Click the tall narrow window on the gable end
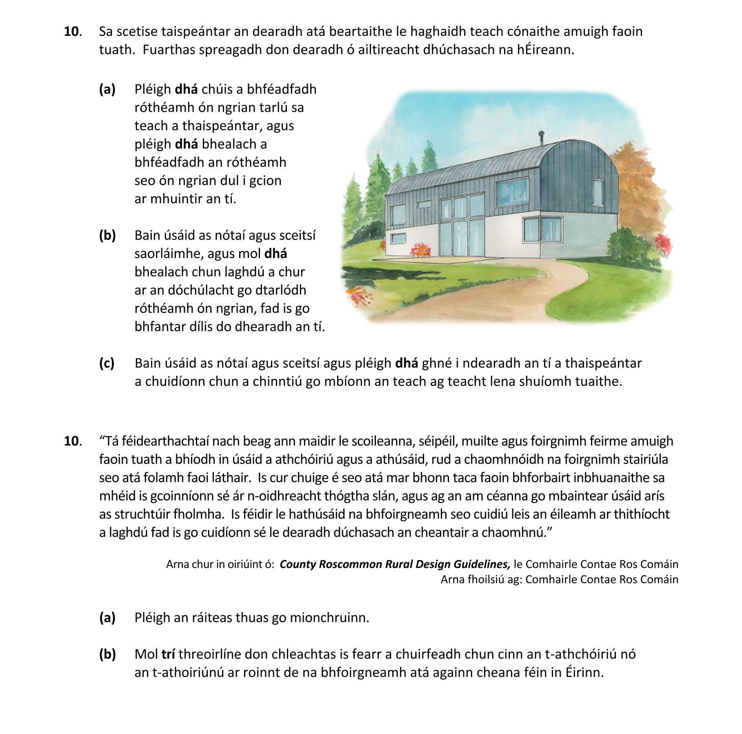point(598,192)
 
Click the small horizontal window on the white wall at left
point(398,238)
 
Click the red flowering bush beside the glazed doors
point(420,249)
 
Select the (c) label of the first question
point(107,363)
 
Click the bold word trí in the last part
point(168,654)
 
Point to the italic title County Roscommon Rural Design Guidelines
point(394,564)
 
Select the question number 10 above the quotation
point(72,441)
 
